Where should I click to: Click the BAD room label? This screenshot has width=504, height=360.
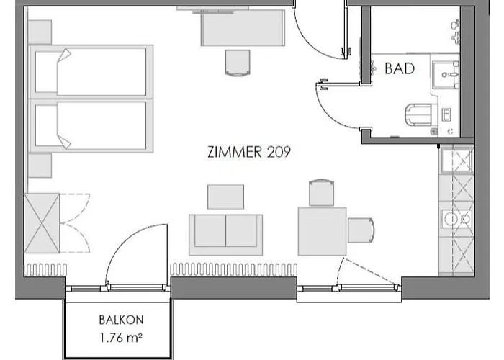[x=400, y=69]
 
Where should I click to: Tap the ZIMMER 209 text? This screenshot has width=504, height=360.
[x=249, y=152]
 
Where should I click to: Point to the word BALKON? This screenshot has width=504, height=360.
[x=122, y=320]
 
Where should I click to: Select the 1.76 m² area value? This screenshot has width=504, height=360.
[x=121, y=338]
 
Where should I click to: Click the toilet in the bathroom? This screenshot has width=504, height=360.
[x=421, y=114]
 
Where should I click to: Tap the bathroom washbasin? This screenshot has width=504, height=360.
[x=445, y=75]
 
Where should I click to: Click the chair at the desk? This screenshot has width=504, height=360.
[x=238, y=63]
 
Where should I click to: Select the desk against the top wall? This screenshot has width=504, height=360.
[x=243, y=28]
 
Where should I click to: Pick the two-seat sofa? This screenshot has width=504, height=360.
[x=225, y=235]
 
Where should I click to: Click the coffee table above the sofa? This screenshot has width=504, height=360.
[x=225, y=197]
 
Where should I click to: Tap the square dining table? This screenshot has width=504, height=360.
[x=322, y=231]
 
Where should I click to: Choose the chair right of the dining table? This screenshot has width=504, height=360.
[x=361, y=230]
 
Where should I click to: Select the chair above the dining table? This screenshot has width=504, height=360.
[x=321, y=193]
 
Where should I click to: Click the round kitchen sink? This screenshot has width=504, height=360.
[x=451, y=219]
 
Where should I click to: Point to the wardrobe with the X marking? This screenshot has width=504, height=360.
[x=42, y=223]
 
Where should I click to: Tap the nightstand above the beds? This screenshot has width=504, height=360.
[x=40, y=32]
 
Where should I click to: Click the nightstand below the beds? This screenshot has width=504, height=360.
[x=40, y=166]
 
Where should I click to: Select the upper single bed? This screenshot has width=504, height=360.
[x=91, y=72]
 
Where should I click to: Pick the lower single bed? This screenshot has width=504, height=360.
[x=91, y=126]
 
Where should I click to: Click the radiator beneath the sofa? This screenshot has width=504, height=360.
[x=234, y=269]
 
